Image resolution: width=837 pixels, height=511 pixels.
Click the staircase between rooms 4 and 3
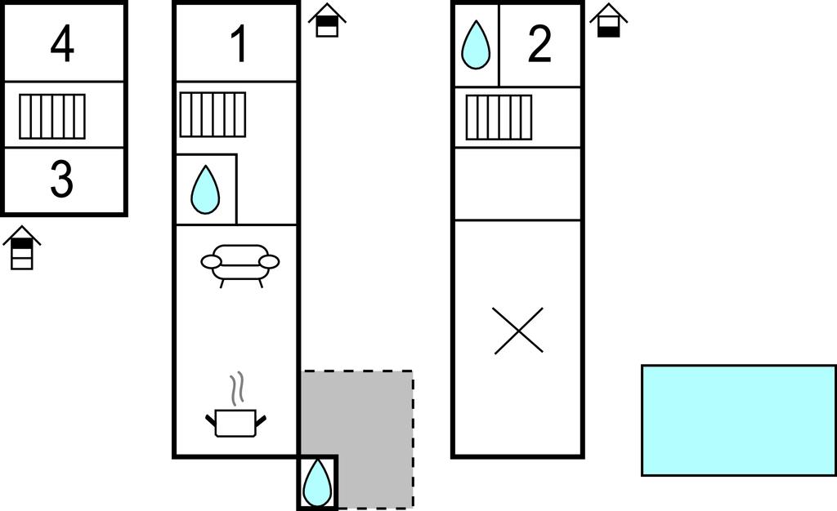point(52,116)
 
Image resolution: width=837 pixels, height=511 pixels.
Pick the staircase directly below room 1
point(213,114)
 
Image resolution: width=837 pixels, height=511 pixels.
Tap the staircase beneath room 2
point(499,118)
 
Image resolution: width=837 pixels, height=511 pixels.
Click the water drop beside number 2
point(476,44)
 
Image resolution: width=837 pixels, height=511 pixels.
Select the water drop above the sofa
point(205,190)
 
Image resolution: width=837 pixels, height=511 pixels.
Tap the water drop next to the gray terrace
point(317,482)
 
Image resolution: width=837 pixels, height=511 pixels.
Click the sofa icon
point(240,263)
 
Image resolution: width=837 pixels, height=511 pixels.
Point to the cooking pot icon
point(235,422)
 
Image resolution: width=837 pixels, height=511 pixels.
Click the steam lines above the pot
point(236,389)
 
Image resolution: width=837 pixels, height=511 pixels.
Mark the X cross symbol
point(519,331)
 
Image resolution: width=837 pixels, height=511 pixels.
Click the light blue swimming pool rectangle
point(738,420)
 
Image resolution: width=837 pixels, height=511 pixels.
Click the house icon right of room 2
point(608,20)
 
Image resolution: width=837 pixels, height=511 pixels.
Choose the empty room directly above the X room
point(517,184)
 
